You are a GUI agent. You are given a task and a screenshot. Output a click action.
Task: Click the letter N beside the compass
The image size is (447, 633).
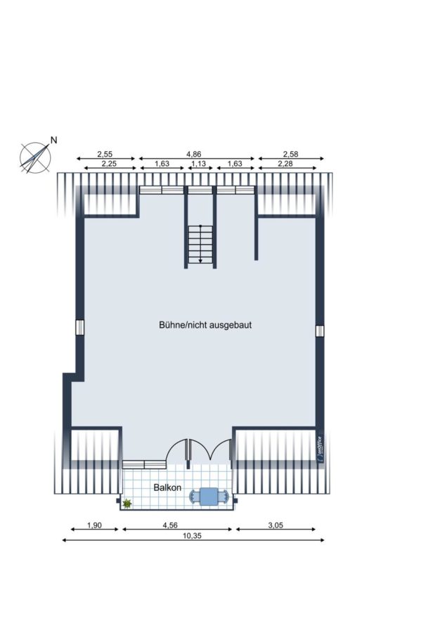(53, 140)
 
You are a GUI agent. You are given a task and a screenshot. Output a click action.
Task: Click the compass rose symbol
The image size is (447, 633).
(36, 158)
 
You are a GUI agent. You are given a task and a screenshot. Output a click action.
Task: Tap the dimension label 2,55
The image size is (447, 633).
(105, 154)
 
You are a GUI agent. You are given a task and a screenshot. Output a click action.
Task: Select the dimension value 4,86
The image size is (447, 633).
(194, 154)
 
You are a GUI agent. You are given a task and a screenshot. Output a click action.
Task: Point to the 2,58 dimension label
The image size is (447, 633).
(290, 154)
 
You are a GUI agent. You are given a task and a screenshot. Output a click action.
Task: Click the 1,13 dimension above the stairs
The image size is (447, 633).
(198, 163)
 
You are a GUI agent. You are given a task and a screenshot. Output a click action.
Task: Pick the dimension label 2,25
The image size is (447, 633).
(109, 163)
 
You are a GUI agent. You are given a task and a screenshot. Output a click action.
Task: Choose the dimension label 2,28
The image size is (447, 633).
(285, 163)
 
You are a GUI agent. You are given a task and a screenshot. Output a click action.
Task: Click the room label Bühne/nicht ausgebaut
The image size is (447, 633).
(205, 325)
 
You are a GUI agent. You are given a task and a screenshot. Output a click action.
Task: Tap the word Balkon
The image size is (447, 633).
(167, 487)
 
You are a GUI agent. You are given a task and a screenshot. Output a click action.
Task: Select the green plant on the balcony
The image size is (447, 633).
(127, 503)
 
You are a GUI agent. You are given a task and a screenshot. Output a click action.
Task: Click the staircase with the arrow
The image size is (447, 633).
(200, 244)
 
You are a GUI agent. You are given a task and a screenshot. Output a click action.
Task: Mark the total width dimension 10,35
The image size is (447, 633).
(192, 536)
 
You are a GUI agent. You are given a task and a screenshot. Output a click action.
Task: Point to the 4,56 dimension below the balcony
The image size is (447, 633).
(170, 525)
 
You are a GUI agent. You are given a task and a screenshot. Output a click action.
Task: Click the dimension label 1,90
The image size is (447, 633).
(94, 525)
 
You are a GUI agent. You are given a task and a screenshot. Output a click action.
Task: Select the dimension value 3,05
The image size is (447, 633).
(276, 525)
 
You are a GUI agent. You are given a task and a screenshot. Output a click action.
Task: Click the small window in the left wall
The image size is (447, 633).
(80, 327)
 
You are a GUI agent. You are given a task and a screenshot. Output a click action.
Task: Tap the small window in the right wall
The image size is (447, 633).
(320, 331)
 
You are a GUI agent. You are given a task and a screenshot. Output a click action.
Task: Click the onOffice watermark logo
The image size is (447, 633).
(320, 449)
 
